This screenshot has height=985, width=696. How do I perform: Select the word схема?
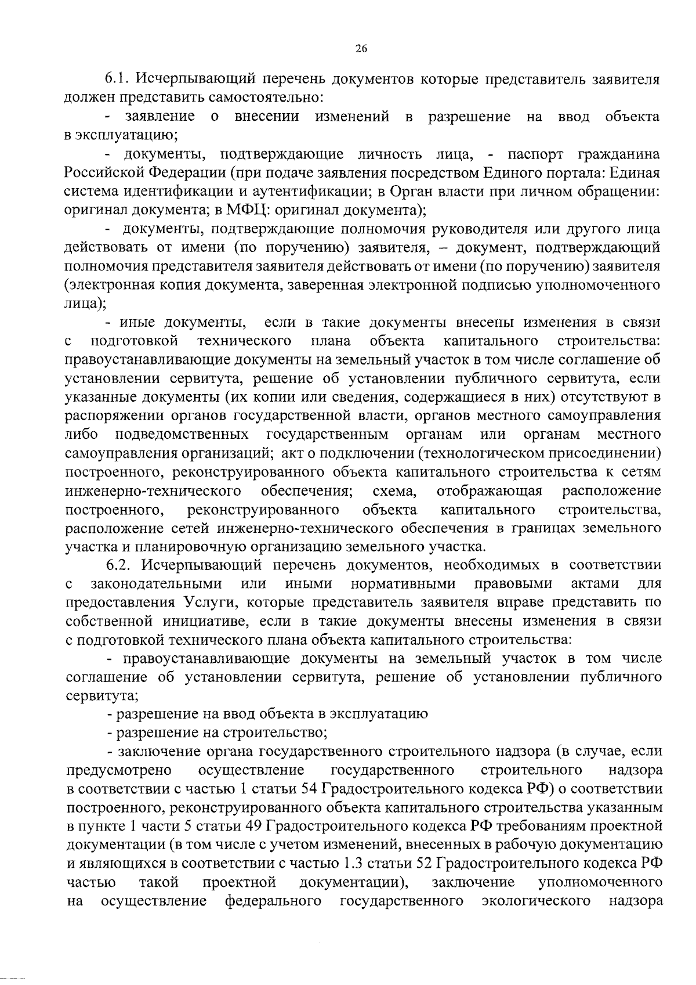395,491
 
